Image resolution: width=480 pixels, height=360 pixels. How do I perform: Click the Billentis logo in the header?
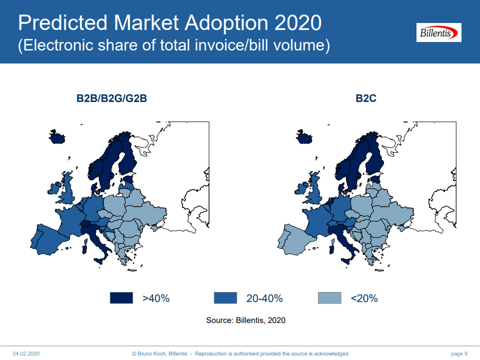point(438,32)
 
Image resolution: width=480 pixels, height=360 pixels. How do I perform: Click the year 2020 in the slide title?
point(298,22)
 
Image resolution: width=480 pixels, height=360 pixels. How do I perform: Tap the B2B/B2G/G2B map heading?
point(111,98)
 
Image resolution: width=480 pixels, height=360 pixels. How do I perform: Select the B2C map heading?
point(366,98)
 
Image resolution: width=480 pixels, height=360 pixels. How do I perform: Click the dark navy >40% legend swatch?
point(121,298)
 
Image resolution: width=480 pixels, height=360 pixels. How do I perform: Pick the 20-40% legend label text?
point(264,298)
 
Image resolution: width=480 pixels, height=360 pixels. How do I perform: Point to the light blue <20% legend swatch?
point(329,298)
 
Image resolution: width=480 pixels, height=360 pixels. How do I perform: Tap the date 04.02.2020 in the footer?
point(26,353)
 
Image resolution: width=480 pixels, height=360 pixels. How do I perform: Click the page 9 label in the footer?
point(459,353)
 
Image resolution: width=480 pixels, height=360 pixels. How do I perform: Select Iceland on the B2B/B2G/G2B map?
point(56,137)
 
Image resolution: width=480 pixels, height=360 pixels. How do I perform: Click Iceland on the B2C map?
point(304,137)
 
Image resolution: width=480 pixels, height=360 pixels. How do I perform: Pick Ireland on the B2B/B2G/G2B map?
point(54,188)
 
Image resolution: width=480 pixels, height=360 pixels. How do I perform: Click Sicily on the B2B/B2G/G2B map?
point(99,261)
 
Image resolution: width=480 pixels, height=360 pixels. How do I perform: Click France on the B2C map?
point(317,220)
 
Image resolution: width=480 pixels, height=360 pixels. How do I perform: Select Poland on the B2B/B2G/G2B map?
point(114,204)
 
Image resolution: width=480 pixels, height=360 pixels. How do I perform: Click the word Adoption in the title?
point(226,23)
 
